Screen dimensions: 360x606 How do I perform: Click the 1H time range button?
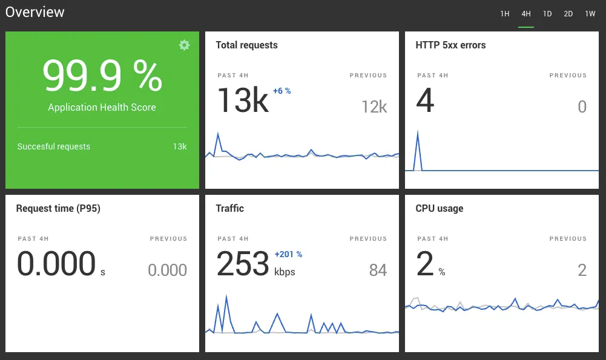[504, 14]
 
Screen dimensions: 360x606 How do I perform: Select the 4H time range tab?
[525, 14]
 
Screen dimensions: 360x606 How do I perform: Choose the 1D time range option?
[547, 14]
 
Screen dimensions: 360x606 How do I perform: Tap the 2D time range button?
[568, 14]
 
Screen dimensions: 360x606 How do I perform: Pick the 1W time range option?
[590, 14]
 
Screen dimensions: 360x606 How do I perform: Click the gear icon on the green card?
[185, 45]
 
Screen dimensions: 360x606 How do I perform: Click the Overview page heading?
[35, 12]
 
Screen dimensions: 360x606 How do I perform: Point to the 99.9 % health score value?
[102, 76]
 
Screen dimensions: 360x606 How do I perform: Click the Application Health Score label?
[102, 108]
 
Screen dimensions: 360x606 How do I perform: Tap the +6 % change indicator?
[282, 91]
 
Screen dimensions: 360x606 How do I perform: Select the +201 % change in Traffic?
[288, 254]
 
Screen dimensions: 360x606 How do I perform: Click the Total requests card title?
[246, 45]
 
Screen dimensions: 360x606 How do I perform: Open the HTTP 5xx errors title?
[450, 45]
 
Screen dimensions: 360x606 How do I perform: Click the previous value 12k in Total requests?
[374, 107]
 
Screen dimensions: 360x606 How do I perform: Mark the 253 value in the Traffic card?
[243, 264]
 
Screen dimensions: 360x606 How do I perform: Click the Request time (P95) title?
[58, 209]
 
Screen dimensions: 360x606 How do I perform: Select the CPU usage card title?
[439, 209]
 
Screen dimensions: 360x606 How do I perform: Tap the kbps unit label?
[285, 272]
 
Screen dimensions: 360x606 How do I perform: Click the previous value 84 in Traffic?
[378, 270]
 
